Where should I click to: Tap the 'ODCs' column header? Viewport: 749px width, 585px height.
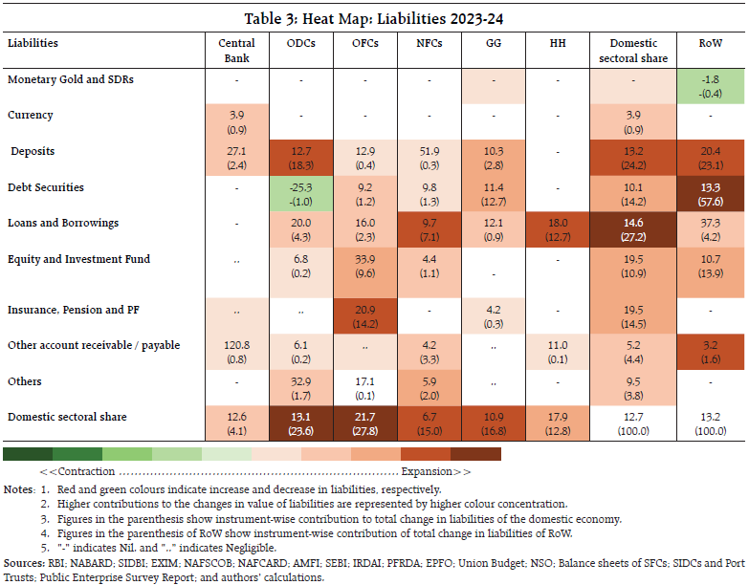[x=300, y=43]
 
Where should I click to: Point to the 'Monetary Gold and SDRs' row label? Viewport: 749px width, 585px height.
[x=70, y=79]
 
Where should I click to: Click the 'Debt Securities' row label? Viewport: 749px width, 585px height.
[x=46, y=186]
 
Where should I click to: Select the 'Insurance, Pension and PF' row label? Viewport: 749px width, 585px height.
[x=73, y=311]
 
